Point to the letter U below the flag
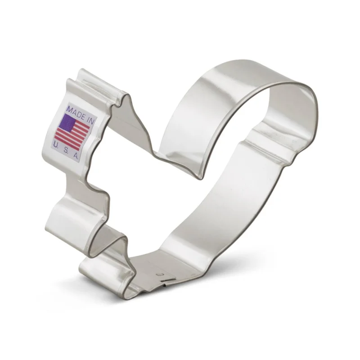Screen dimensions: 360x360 pyautogui.click(x=55, y=144)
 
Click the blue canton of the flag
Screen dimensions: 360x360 pyautogui.click(x=66, y=122)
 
